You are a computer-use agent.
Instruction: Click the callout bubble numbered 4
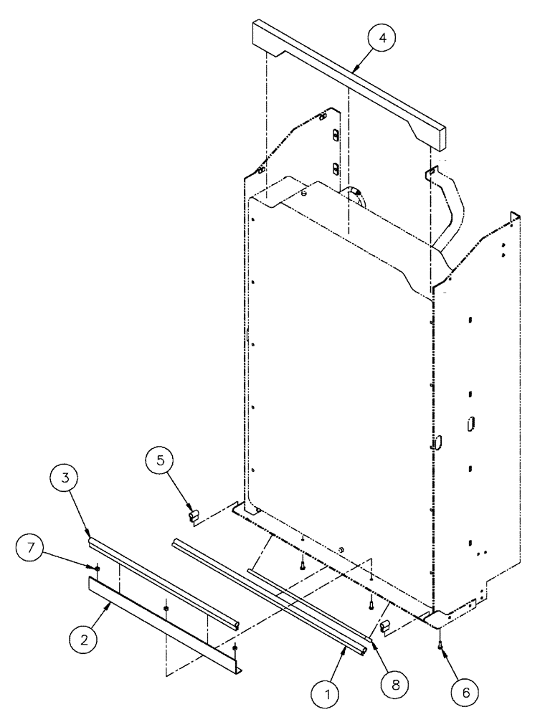(x=382, y=39)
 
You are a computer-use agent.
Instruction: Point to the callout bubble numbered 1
(x=330, y=693)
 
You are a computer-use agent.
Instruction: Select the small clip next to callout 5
(x=192, y=514)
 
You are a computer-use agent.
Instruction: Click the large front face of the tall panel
(x=337, y=402)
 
